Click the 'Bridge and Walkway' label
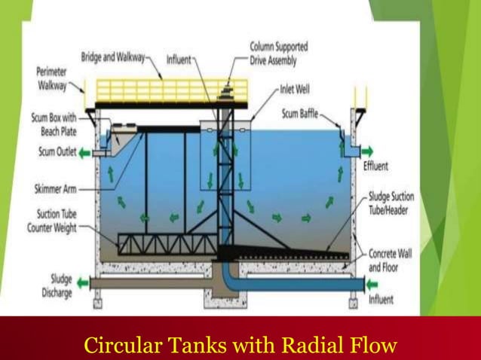114,58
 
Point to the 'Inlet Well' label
296,88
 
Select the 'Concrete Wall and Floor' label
389,261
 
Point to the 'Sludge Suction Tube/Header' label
391,204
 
